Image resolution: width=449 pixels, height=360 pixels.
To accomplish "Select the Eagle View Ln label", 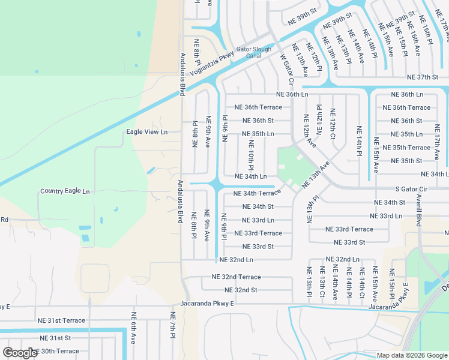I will click(x=147, y=132).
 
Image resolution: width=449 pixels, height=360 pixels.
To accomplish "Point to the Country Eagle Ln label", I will click(x=65, y=191).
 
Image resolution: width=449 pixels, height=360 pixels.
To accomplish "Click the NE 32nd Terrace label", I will click(x=237, y=277).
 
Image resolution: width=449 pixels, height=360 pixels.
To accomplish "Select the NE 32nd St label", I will click(x=237, y=290).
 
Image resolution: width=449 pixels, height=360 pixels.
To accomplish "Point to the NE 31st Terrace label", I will click(x=61, y=321).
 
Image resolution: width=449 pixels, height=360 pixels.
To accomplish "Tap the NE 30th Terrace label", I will click(x=55, y=351).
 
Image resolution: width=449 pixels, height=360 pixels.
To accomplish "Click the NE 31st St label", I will click(x=52, y=338).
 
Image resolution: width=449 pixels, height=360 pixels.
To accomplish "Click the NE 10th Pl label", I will click(x=252, y=155).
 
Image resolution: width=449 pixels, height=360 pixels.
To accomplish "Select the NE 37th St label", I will click(x=423, y=77).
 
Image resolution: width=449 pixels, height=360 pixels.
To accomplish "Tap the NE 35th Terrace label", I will click(x=411, y=148).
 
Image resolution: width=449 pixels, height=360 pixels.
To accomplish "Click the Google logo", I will click(x=20, y=353).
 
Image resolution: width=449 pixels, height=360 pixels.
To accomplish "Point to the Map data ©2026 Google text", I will click(x=412, y=355).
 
